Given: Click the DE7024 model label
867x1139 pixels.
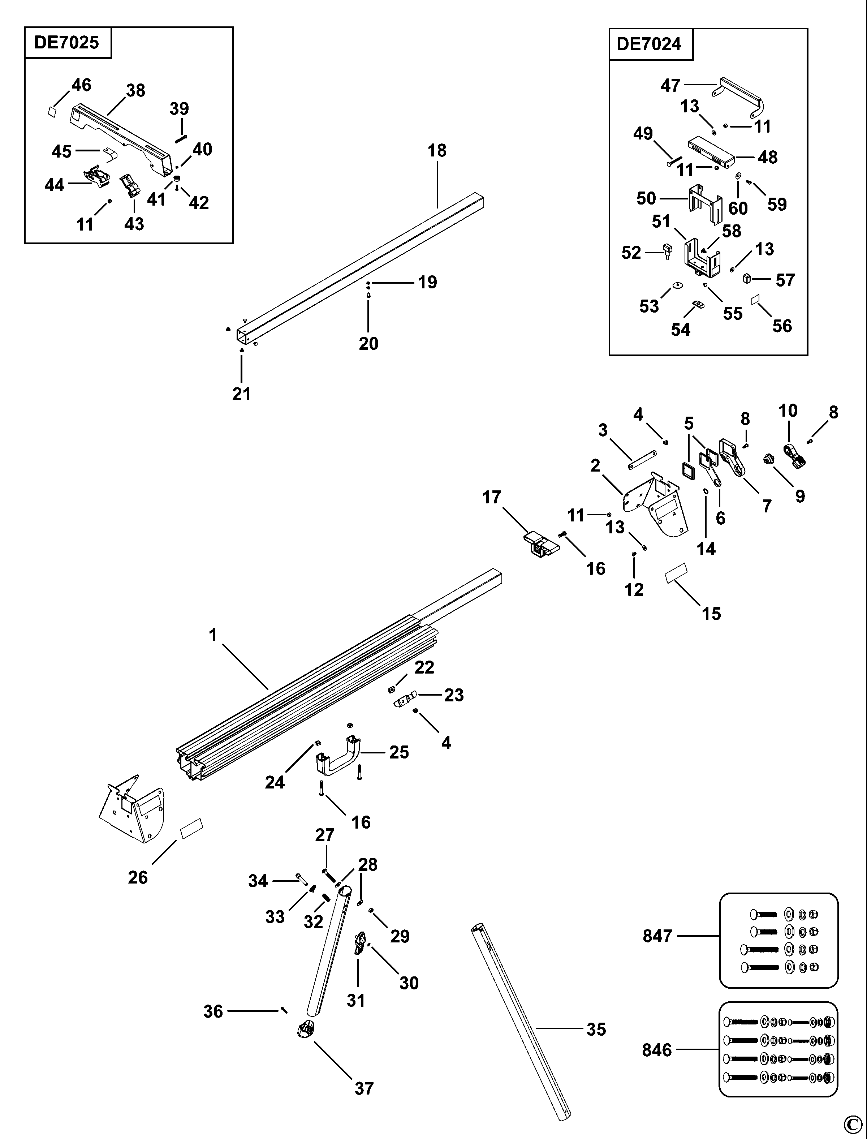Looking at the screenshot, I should [649, 44].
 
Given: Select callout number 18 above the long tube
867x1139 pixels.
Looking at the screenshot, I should [437, 151].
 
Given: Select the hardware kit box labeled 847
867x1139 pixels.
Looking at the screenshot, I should [778, 940].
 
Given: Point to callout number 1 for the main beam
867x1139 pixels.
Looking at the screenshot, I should [213, 635].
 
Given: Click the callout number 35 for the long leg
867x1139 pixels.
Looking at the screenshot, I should [596, 1029].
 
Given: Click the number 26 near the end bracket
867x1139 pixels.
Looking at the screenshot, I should [138, 877].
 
